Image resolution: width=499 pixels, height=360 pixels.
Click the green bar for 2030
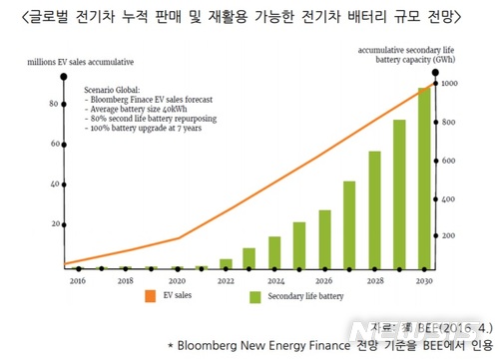[423, 180]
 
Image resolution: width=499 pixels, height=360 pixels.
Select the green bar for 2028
[374, 210]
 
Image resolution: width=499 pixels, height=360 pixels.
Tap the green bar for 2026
[324, 240]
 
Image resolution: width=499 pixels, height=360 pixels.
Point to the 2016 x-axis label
[77, 282]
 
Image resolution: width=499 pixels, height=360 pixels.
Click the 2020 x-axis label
[177, 282]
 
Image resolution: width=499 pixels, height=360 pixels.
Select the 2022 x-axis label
[227, 282]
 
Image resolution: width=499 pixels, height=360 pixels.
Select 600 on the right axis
[448, 160]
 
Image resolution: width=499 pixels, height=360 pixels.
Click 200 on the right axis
[448, 235]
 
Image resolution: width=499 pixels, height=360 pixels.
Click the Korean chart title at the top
[249, 13]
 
